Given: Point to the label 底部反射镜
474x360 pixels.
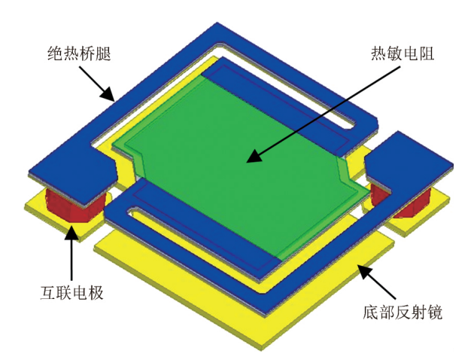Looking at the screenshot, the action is [397, 310].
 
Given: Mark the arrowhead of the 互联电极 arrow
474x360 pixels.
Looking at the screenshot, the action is [72, 231].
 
